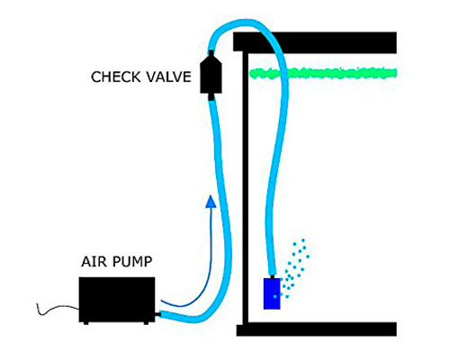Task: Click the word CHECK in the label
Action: tap(116, 77)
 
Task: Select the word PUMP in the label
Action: tap(133, 262)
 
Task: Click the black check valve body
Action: tap(211, 75)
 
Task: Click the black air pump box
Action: tap(117, 300)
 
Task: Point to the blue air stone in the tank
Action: tap(272, 293)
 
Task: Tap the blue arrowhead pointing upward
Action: tap(211, 202)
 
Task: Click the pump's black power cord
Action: tap(58, 310)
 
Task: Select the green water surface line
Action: tap(323, 73)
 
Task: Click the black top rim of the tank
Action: tap(315, 42)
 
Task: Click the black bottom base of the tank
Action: tap(317, 329)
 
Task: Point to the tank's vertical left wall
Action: tap(246, 187)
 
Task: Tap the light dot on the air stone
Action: tap(274, 297)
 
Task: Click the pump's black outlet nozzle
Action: tap(157, 314)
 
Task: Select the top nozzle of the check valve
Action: tap(211, 53)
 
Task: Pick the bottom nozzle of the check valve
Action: tap(211, 97)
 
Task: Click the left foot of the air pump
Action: tap(86, 323)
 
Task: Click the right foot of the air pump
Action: tap(146, 323)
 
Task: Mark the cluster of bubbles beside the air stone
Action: tap(295, 268)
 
